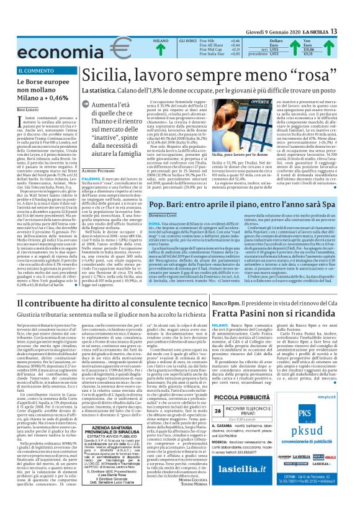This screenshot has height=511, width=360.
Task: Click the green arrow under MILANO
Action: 160,51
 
